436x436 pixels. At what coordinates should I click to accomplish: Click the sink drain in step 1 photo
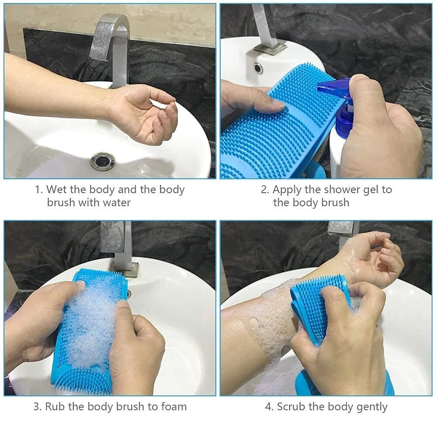click(102, 161)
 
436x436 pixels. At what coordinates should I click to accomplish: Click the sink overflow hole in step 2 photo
click(259, 68)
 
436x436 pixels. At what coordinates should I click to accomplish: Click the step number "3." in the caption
click(37, 407)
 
